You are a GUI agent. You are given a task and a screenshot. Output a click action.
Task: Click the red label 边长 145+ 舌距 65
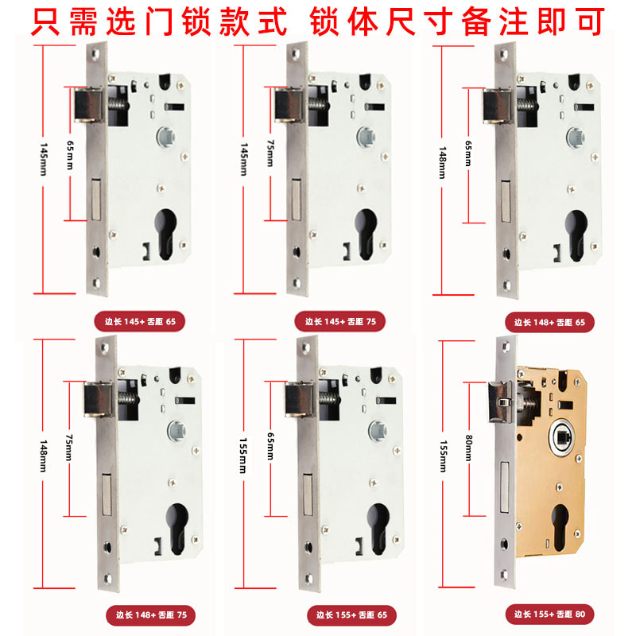(140, 322)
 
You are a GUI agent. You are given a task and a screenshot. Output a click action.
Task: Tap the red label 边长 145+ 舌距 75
(340, 322)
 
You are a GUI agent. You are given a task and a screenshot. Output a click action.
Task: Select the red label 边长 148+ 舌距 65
(549, 323)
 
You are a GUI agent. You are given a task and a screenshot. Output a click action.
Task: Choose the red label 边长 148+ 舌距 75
(151, 615)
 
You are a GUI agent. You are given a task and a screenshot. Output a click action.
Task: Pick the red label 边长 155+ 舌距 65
(351, 615)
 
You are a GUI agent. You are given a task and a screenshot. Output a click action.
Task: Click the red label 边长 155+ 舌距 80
(549, 614)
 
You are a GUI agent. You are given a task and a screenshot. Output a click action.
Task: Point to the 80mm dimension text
(468, 448)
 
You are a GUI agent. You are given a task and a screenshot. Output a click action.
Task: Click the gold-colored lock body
(552, 460)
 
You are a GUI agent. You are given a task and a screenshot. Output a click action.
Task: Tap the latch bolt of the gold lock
(501, 401)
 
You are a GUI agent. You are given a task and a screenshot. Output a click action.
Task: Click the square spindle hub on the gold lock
(561, 437)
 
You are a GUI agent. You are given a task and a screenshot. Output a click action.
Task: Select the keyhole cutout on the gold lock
(560, 526)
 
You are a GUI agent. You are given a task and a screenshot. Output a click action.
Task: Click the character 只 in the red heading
(45, 21)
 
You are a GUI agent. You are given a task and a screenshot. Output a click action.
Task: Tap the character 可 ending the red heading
(590, 21)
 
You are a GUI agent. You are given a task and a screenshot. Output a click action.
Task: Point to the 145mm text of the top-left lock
(44, 159)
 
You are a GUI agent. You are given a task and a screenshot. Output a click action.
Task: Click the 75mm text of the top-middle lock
(270, 153)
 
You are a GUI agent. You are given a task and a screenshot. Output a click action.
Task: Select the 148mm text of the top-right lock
(442, 163)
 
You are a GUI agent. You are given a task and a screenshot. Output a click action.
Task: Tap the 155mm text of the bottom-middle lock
(243, 456)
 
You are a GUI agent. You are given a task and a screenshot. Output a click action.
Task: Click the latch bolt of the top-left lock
(88, 105)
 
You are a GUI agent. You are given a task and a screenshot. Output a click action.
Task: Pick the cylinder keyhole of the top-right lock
(576, 235)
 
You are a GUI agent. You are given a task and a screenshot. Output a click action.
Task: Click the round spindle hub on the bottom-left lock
(176, 431)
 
